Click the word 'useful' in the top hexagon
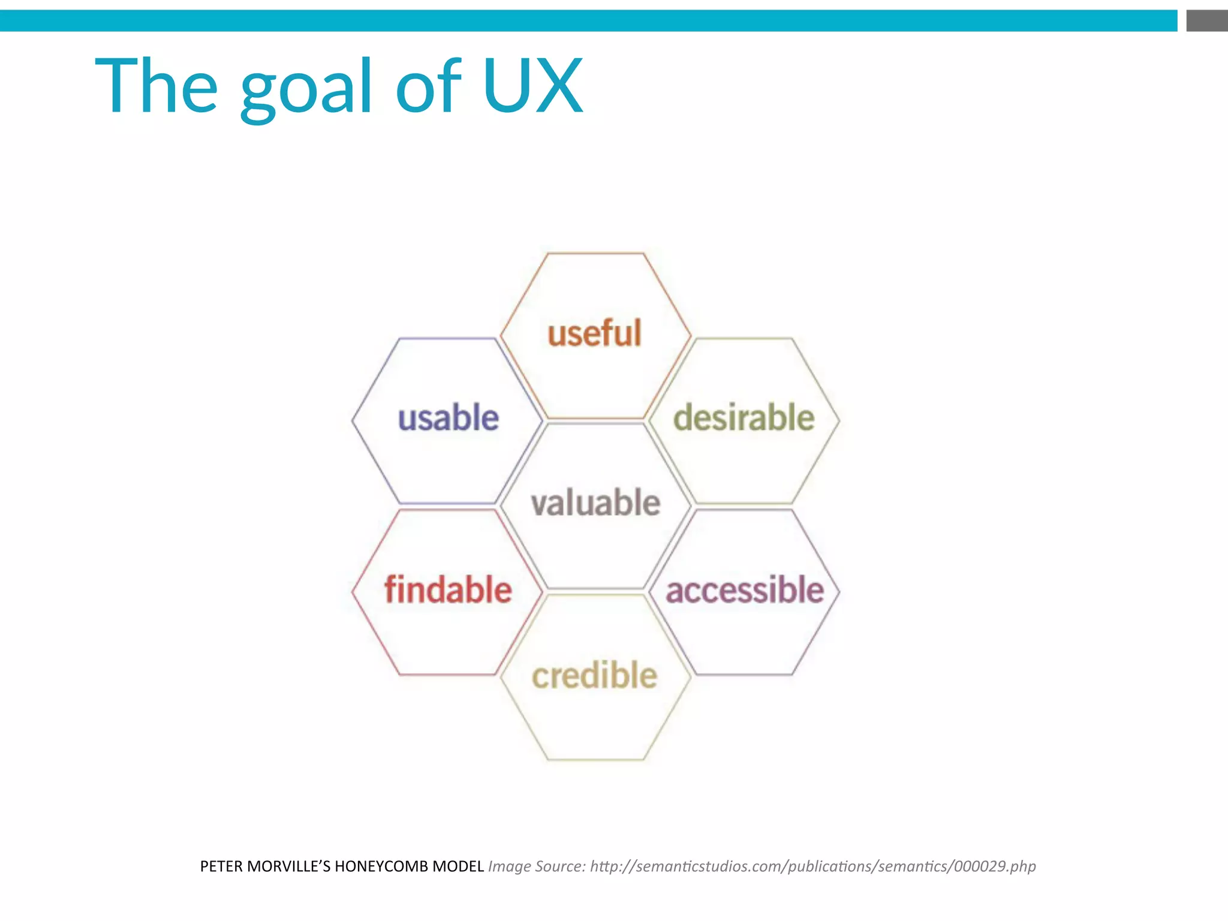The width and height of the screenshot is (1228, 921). click(x=594, y=333)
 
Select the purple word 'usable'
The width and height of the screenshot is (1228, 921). click(x=448, y=418)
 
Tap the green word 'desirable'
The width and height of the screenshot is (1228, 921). click(x=744, y=418)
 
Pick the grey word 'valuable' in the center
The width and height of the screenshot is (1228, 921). click(x=595, y=502)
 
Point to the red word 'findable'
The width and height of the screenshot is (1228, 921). click(x=448, y=589)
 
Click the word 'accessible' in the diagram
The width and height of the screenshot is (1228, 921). click(x=745, y=590)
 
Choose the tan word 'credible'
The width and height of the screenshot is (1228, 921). click(x=594, y=676)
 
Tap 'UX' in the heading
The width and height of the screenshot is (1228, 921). click(x=532, y=85)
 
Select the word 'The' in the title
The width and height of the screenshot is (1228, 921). click(x=156, y=85)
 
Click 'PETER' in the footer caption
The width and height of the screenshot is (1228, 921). click(x=221, y=866)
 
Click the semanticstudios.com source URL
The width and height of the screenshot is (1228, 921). click(x=812, y=866)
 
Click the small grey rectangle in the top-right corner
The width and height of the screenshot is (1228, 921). click(x=1206, y=21)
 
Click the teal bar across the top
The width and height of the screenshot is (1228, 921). click(x=588, y=21)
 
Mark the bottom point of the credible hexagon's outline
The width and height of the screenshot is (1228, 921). click(x=595, y=760)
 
